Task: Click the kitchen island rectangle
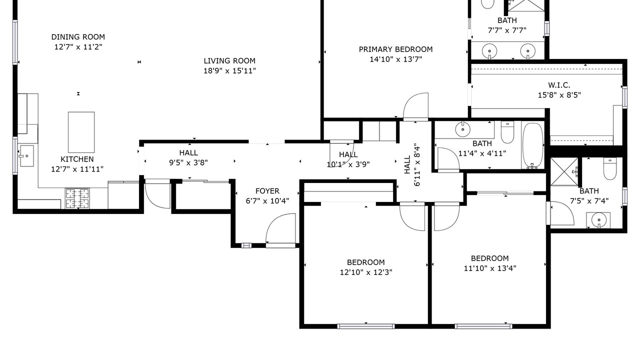point(81,132)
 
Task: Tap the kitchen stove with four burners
point(77,198)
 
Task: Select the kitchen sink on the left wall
point(26,155)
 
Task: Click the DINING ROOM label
point(78,37)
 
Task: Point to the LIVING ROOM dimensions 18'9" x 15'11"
point(229,70)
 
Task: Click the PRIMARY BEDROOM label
point(395,49)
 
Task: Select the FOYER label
point(267,191)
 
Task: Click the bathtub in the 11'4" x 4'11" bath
point(532,145)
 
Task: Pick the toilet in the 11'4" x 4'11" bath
point(507,132)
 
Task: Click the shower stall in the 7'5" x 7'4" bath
point(564,171)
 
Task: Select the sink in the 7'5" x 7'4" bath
point(598,220)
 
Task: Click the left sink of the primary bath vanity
point(489,51)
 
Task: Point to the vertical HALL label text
point(407,164)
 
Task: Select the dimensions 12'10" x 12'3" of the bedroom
point(365,272)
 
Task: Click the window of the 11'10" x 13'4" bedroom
point(483,326)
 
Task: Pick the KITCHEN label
point(77,159)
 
